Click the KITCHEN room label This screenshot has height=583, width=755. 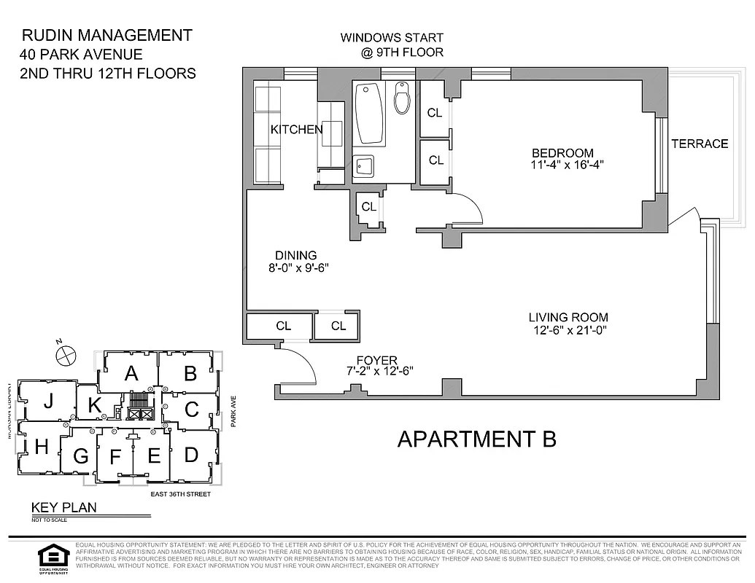[x=296, y=130]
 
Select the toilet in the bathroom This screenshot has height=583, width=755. [x=402, y=98]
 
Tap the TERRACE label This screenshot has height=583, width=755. [x=700, y=144]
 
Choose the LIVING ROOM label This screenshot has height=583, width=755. [x=568, y=318]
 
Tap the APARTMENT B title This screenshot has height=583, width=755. [x=476, y=439]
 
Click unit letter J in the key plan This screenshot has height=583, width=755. [x=48, y=401]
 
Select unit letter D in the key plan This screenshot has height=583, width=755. [x=191, y=455]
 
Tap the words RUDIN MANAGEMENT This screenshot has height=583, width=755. [x=107, y=35]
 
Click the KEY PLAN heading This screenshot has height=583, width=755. [x=63, y=508]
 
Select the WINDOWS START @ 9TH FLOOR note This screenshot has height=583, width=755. [x=392, y=44]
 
